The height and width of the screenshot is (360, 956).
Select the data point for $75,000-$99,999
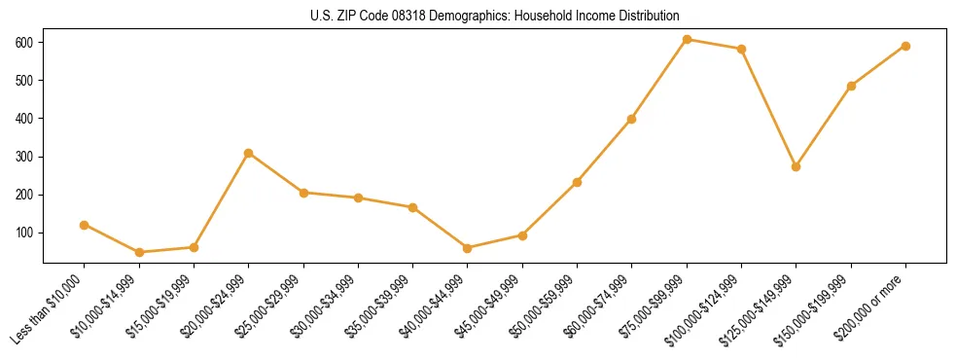[x=687, y=40]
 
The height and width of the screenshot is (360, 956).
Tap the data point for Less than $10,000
[x=85, y=225]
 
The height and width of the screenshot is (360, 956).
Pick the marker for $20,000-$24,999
[x=249, y=153]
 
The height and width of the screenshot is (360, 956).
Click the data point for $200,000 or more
[x=905, y=46]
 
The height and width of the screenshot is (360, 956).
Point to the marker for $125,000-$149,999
[x=797, y=166]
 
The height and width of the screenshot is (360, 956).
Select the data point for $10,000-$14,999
[x=139, y=252]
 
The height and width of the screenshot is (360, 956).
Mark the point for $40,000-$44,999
[x=468, y=248]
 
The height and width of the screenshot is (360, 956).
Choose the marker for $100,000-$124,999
[x=741, y=49]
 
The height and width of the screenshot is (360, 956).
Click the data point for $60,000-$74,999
[x=632, y=119]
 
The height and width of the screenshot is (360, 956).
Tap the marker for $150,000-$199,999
[x=851, y=86]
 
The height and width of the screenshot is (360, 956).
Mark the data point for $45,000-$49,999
[x=522, y=235]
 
